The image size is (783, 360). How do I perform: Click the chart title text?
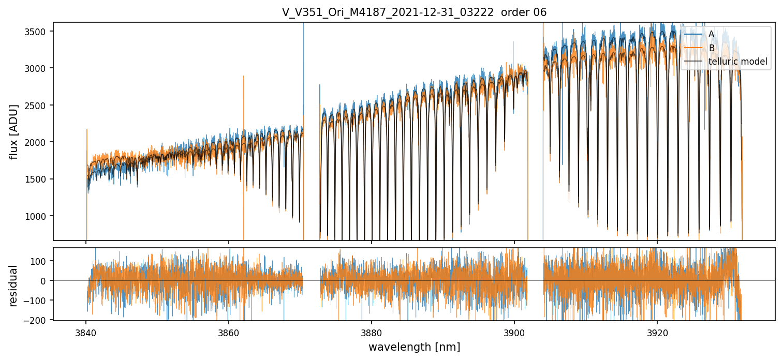tap(414, 12)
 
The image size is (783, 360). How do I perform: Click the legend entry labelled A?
tap(711, 34)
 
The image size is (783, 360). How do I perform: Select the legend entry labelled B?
tap(711, 48)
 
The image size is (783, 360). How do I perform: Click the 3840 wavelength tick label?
tap(86, 331)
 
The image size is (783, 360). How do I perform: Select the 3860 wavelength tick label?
tap(229, 331)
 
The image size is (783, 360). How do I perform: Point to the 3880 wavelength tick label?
tap(372, 331)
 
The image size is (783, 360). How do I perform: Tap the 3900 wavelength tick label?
tap(514, 331)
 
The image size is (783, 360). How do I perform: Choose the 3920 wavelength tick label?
tap(657, 331)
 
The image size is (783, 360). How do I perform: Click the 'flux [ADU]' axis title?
tap(13, 131)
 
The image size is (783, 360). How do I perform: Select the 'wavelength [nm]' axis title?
tap(414, 347)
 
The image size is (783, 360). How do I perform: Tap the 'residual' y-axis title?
tap(13, 285)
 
